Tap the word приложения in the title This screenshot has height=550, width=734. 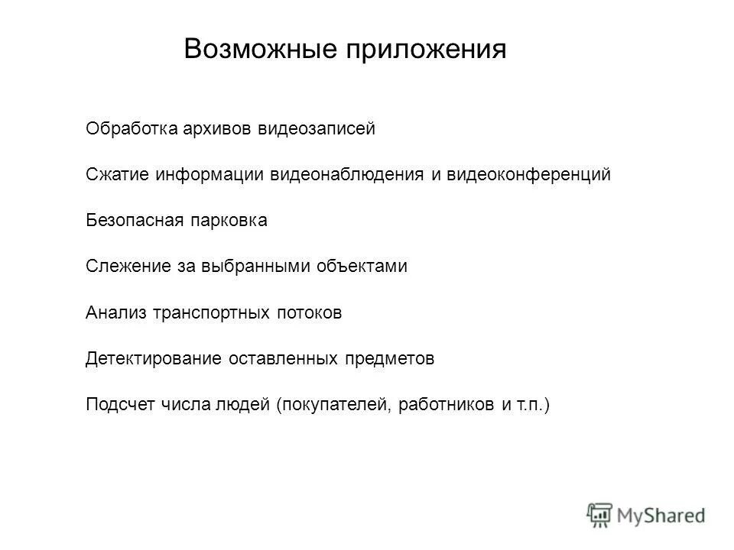427,50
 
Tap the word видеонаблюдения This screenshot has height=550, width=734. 347,174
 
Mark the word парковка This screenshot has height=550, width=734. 229,221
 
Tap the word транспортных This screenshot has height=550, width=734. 211,312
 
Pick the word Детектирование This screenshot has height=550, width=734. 153,358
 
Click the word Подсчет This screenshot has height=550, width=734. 120,404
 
